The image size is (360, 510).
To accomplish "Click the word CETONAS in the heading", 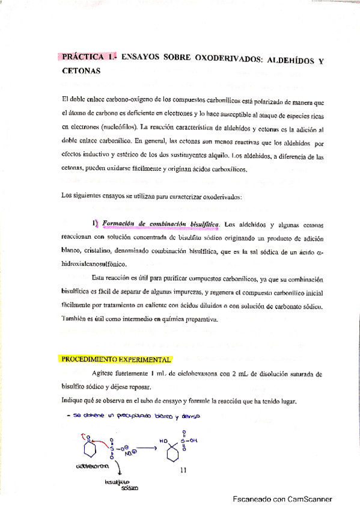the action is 80,71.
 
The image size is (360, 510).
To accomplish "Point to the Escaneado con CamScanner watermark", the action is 282,499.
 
